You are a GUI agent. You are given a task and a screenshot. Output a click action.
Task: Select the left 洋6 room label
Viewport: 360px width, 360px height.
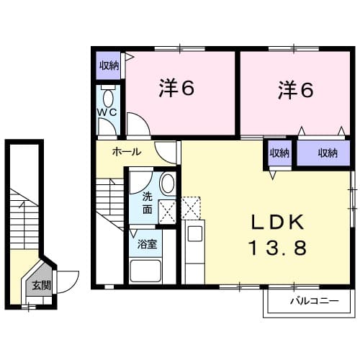[x=177, y=90]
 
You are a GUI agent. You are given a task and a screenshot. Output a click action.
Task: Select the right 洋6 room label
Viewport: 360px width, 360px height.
[x=295, y=90]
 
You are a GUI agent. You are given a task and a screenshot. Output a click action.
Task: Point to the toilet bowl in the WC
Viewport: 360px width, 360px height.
[x=108, y=99]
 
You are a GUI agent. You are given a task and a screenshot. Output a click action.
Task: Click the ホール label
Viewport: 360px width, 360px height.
[x=126, y=152]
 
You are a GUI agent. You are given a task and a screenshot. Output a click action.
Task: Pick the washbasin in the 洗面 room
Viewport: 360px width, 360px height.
[x=167, y=184]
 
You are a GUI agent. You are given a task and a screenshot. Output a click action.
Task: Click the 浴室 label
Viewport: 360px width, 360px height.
[x=148, y=243]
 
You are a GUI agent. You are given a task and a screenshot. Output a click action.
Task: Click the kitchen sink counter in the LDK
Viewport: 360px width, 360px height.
[x=194, y=252]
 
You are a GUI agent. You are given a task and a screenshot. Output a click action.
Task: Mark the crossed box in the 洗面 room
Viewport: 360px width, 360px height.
[x=167, y=211]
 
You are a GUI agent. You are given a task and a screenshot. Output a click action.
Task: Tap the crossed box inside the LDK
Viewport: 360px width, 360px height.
[x=192, y=209]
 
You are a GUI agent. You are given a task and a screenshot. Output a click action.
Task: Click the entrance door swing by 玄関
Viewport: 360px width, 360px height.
[x=66, y=279]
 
